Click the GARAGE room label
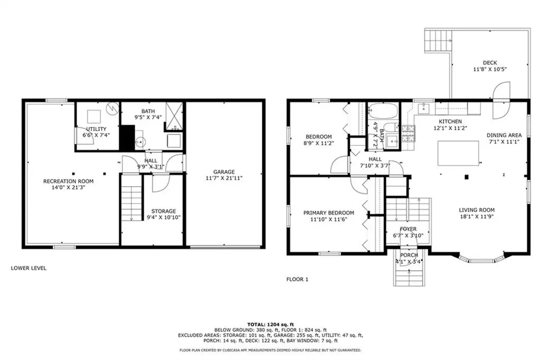224,172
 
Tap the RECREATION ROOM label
68,181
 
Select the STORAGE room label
164,211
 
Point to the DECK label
490,63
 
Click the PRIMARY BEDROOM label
329,213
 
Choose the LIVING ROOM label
477,210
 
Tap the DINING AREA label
504,135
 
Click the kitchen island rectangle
458,153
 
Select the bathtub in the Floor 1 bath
383,111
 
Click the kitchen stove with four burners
408,134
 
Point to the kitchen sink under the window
423,108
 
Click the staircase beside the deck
438,40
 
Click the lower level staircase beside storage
132,204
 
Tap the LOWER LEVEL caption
29,268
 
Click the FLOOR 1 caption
297,279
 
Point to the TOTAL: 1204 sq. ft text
270,325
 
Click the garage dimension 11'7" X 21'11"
224,178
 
